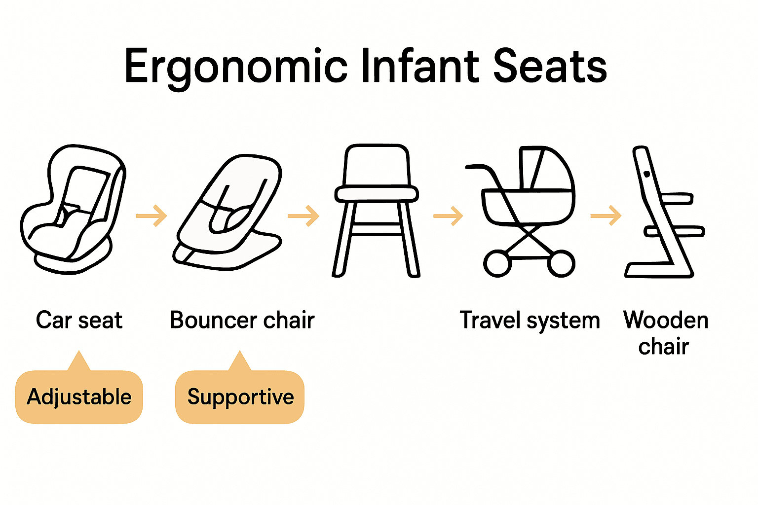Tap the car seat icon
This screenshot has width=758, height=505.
pyautogui.click(x=73, y=210)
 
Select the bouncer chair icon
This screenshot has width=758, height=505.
pyautogui.click(x=228, y=212)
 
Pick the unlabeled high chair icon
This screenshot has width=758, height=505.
pyautogui.click(x=376, y=210)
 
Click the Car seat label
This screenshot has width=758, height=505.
pyautogui.click(x=79, y=320)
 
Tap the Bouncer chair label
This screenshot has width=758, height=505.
pyautogui.click(x=242, y=320)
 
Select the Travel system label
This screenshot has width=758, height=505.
pyautogui.click(x=530, y=321)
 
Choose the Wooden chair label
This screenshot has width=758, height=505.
pyautogui.click(x=665, y=333)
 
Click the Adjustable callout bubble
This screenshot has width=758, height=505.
pyautogui.click(x=79, y=397)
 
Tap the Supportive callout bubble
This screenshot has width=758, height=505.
pyautogui.click(x=240, y=397)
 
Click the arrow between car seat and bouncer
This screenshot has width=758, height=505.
pyautogui.click(x=152, y=216)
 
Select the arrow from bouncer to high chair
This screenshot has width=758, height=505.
pyautogui.click(x=303, y=216)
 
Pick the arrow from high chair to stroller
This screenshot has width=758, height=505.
pyautogui.click(x=448, y=216)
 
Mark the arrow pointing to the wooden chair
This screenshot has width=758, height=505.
pyautogui.click(x=606, y=216)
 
